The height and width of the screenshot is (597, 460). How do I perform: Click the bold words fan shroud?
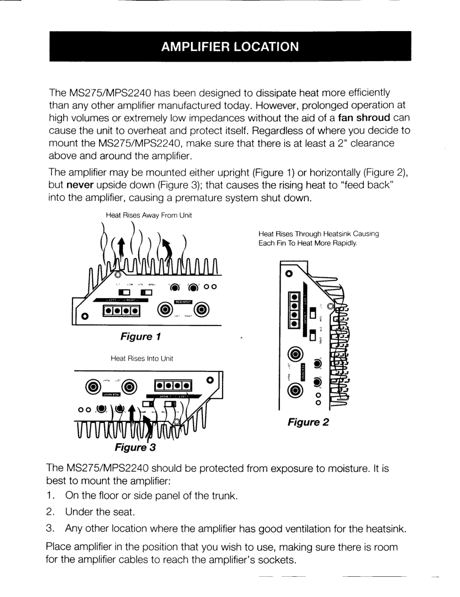click(364, 118)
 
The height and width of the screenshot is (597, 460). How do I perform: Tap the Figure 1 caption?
click(140, 337)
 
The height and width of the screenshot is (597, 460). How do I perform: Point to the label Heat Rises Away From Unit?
click(148, 215)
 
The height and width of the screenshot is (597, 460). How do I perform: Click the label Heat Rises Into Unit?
click(141, 358)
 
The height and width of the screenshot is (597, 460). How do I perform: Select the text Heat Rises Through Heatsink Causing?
click(319, 234)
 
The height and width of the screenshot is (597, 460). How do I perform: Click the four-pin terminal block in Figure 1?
click(122, 311)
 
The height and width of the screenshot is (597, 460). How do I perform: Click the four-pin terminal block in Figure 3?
click(173, 387)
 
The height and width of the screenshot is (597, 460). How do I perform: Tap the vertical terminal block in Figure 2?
click(294, 310)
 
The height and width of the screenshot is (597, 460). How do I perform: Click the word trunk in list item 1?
click(223, 496)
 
